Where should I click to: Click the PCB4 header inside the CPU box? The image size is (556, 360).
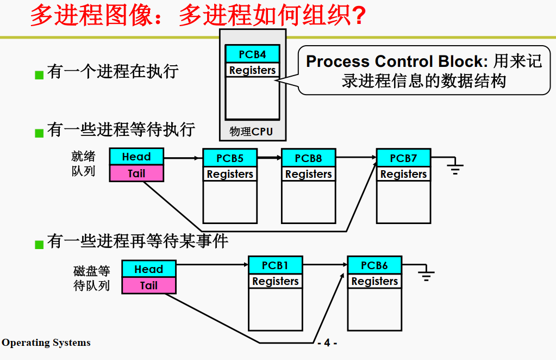pyautogui.click(x=252, y=54)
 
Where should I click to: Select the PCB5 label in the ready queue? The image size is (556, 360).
pyautogui.click(x=230, y=158)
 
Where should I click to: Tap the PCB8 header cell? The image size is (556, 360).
pyautogui.click(x=308, y=158)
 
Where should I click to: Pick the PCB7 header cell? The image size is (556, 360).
pyautogui.click(x=403, y=158)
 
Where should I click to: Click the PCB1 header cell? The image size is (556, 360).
pyautogui.click(x=275, y=265)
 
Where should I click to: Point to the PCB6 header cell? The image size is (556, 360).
pyautogui.click(x=374, y=265)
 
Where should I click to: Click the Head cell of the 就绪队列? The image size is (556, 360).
pyautogui.click(x=136, y=157)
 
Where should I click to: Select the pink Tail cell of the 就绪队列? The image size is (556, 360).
pyautogui.click(x=136, y=173)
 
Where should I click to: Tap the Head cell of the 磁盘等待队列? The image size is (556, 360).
pyautogui.click(x=148, y=269)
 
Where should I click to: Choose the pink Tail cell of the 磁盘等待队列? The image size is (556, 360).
pyautogui.click(x=148, y=285)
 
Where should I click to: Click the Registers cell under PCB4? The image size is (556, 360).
pyautogui.click(x=252, y=70)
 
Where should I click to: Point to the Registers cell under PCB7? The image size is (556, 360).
pyautogui.click(x=403, y=174)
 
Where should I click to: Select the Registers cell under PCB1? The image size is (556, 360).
pyautogui.click(x=275, y=281)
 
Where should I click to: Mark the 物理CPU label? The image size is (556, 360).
pyautogui.click(x=251, y=132)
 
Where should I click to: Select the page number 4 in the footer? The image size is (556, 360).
pyautogui.click(x=327, y=343)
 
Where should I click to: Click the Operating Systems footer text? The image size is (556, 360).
pyautogui.click(x=46, y=343)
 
